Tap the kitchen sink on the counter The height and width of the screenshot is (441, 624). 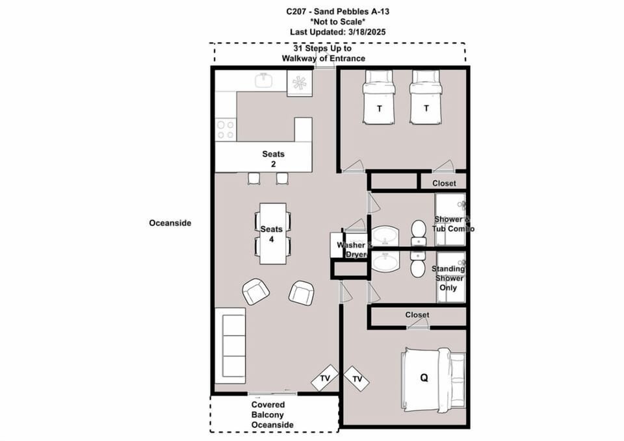263,80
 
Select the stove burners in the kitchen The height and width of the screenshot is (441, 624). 226,129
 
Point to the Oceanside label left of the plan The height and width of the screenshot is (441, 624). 170,223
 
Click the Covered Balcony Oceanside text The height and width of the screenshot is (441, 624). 273,414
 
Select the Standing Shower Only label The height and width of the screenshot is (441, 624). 449,278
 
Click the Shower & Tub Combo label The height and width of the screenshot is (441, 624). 454,224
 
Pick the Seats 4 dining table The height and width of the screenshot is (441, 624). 272,233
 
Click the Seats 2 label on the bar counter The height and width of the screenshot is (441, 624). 274,159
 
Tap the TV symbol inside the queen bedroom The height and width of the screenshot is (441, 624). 356,378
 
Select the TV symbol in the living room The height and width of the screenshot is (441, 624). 324,378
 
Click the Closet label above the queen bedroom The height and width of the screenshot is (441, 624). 417,315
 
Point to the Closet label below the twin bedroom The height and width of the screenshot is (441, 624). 444,184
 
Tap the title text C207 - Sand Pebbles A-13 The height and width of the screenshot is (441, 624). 323,11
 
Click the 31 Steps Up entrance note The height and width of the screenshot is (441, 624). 323,53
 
